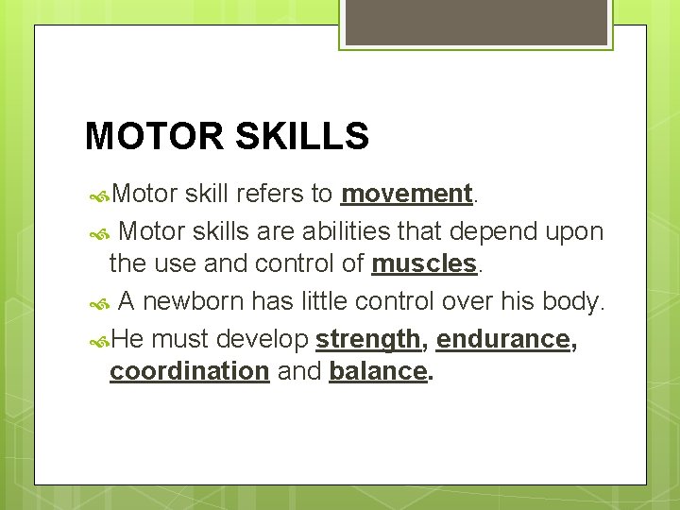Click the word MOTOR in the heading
tap(153, 137)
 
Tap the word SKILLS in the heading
tap(301, 137)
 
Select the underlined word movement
tap(406, 194)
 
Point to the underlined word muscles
tap(424, 263)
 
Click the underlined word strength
tap(367, 338)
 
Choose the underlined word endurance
tap(503, 338)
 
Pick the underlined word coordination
tap(189, 371)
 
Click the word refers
tap(269, 194)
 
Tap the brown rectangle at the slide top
tap(476, 22)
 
